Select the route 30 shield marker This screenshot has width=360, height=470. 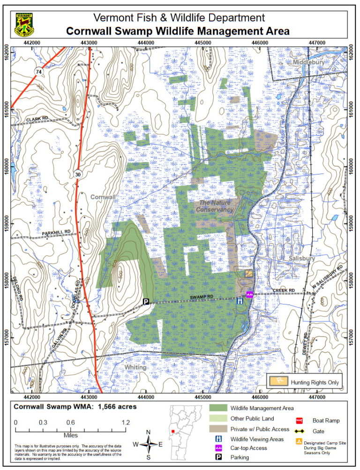(77, 174)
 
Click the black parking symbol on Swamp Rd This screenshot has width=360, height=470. (146, 302)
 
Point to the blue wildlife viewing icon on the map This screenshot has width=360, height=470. (240, 301)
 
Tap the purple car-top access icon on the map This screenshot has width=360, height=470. (250, 295)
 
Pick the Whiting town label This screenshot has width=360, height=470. (135, 368)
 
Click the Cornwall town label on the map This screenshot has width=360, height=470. (103, 197)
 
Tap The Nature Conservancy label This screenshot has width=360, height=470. (216, 206)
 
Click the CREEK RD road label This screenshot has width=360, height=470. (284, 291)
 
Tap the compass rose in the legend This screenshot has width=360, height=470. (149, 443)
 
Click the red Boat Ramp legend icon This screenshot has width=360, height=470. (298, 421)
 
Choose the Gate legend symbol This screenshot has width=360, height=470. (298, 431)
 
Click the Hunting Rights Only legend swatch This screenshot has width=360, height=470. (279, 381)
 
